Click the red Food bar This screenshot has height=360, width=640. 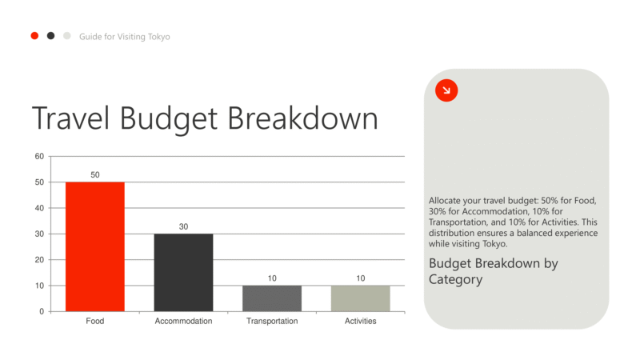click(x=95, y=246)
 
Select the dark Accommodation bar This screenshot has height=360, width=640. click(x=183, y=272)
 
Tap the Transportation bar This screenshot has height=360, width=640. click(x=272, y=298)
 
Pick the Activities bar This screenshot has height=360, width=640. click(x=360, y=298)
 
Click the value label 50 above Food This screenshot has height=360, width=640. click(x=95, y=174)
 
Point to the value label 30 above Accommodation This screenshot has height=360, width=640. click(x=183, y=226)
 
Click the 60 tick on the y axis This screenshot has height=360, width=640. click(x=39, y=157)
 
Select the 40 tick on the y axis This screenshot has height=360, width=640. click(x=39, y=208)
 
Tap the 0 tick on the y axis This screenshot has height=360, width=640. click(x=42, y=311)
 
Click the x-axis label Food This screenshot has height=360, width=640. click(x=95, y=322)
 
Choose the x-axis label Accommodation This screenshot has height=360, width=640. click(x=183, y=322)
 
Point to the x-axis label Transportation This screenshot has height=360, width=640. click(x=272, y=322)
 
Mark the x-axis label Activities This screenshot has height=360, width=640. click(x=360, y=322)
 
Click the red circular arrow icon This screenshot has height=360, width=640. click(x=446, y=90)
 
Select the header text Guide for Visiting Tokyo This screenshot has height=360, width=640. click(x=124, y=37)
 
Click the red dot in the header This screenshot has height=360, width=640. click(x=34, y=36)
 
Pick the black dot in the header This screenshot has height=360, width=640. click(x=50, y=36)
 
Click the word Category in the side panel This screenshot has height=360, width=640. click(x=456, y=279)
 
